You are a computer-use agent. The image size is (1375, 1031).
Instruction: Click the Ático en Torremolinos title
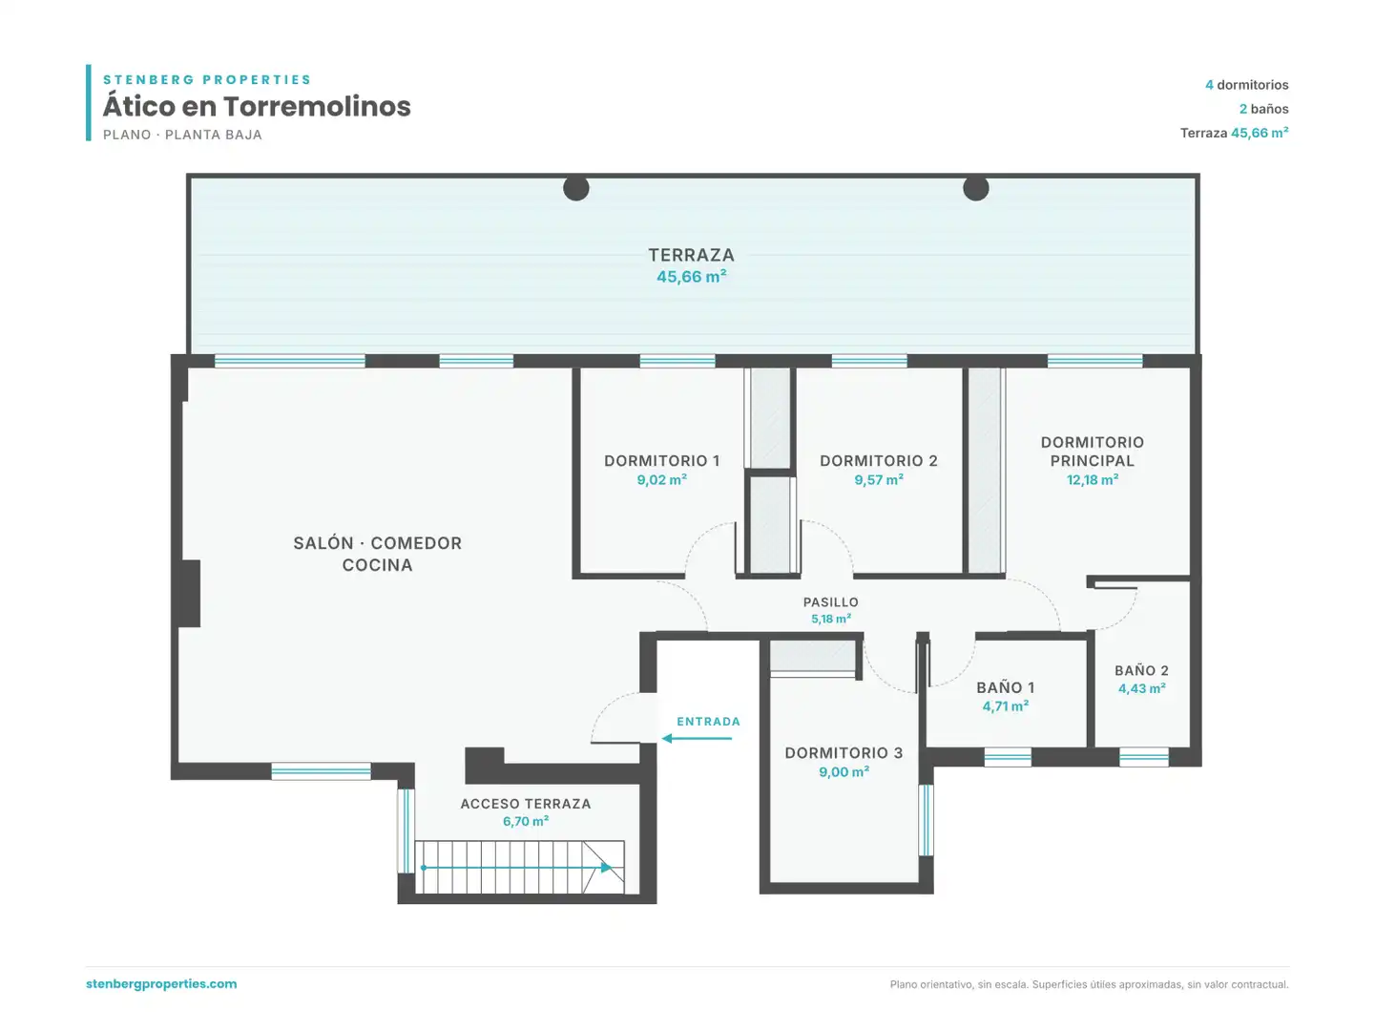click(257, 106)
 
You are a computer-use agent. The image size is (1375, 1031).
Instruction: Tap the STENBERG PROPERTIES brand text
click(207, 79)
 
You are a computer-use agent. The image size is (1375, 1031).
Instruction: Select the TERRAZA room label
click(691, 255)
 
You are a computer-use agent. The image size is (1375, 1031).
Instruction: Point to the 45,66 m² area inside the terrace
click(691, 277)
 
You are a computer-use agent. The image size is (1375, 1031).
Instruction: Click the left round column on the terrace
click(575, 188)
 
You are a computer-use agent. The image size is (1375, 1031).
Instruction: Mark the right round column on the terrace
click(975, 188)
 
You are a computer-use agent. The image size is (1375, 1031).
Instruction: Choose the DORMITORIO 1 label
click(661, 461)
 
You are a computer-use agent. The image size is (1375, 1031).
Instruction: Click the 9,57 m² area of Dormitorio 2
click(878, 480)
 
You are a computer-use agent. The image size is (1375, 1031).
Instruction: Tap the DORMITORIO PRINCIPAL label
click(1092, 452)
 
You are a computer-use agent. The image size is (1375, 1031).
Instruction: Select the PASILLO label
click(831, 602)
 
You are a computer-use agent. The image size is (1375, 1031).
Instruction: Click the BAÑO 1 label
click(1005, 687)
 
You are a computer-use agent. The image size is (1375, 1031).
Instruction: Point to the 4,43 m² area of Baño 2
click(1141, 688)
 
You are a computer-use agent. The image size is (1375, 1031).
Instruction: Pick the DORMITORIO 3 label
click(844, 752)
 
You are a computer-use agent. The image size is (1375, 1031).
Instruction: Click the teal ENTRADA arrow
click(697, 738)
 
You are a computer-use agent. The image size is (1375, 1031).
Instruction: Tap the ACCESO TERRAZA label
click(526, 804)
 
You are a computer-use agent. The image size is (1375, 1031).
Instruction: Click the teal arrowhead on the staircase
click(606, 868)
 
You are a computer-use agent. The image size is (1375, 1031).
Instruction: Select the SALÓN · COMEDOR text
click(377, 543)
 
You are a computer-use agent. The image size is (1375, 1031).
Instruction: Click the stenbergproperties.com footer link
click(161, 983)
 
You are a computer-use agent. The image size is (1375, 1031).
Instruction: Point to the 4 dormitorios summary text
click(1246, 85)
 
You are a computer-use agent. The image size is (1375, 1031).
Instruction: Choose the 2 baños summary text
click(1263, 109)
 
